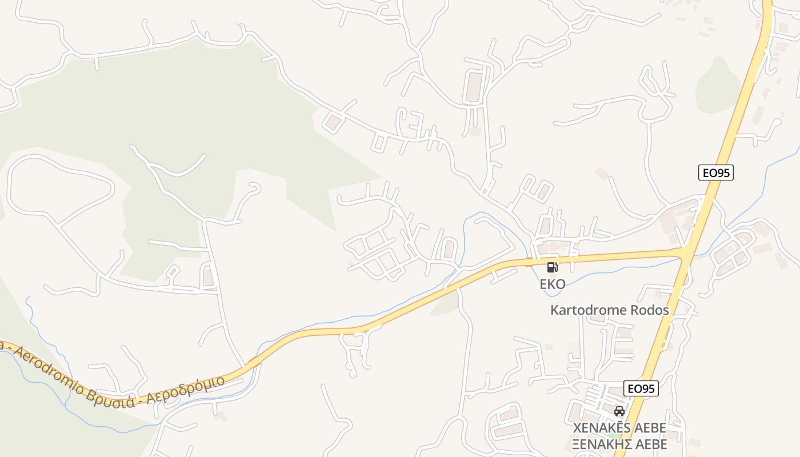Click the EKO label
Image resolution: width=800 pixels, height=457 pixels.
(553, 284)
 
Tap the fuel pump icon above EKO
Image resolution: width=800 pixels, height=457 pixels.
(553, 267)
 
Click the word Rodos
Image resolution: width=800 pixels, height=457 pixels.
(648, 310)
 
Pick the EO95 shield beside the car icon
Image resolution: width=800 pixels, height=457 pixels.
(641, 388)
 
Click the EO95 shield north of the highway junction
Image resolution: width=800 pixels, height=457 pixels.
(715, 173)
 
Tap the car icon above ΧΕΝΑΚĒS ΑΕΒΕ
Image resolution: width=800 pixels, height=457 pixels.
(619, 411)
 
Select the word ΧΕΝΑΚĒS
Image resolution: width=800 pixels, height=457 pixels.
(599, 428)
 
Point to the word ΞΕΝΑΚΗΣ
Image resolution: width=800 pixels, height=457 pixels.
(599, 444)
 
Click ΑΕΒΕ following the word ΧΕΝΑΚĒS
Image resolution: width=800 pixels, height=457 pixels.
(648, 428)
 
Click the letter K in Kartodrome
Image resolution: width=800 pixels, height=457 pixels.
(554, 310)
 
